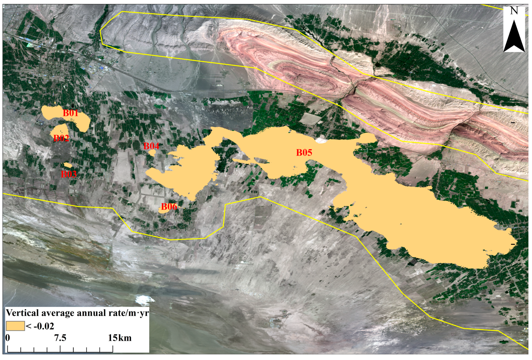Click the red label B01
[71, 113]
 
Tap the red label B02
[61, 138]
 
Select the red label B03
[69, 174]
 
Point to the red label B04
[151, 146]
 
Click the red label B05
[304, 153]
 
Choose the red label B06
[169, 207]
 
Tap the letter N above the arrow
[514, 11]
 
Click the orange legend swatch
[15, 326]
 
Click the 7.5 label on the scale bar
[60, 338]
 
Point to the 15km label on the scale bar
[120, 338]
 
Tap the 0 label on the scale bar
[8, 338]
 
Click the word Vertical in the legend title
[23, 313]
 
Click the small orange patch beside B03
[68, 165]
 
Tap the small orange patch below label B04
[152, 153]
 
